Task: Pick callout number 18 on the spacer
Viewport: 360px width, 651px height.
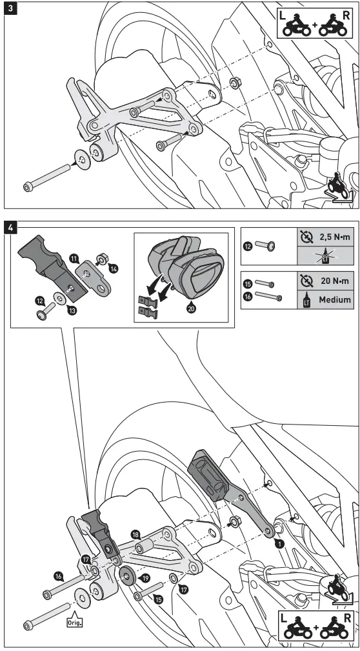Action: [135, 534]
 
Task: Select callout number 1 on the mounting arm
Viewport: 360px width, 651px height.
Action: [279, 544]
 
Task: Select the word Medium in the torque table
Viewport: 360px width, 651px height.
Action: [334, 299]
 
